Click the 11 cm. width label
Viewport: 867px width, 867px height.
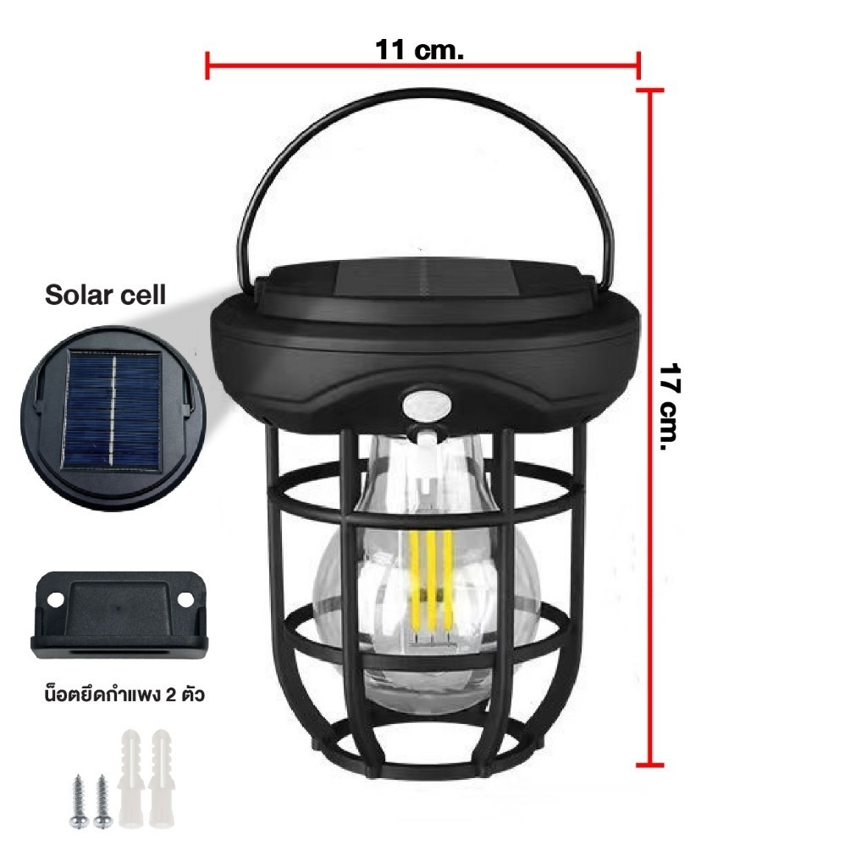pyautogui.click(x=419, y=50)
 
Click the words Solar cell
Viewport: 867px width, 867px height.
pyautogui.click(x=105, y=295)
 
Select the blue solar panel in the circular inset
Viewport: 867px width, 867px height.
pyautogui.click(x=113, y=410)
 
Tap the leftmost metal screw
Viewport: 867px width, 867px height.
pyautogui.click(x=78, y=801)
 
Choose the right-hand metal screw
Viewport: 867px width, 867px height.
pyautogui.click(x=102, y=801)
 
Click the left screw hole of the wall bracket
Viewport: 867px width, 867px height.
pyautogui.click(x=55, y=599)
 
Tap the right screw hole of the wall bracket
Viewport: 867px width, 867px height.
pyautogui.click(x=185, y=599)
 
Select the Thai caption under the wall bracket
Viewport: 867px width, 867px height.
pyautogui.click(x=124, y=693)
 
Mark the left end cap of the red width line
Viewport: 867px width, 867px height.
pyautogui.click(x=207, y=65)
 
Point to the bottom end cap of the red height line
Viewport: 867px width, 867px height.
pyautogui.click(x=649, y=765)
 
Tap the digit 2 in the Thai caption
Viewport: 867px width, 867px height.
pyautogui.click(x=170, y=694)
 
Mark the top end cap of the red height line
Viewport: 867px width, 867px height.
pyautogui.click(x=649, y=90)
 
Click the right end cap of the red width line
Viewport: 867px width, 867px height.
pyautogui.click(x=638, y=65)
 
